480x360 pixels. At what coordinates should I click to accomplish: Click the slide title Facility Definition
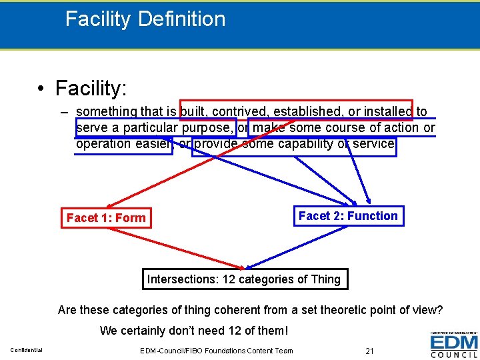click(x=145, y=19)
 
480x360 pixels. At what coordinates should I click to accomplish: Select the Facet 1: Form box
click(x=106, y=218)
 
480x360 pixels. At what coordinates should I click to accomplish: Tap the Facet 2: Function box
click(x=348, y=216)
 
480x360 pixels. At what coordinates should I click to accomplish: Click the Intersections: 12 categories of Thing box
click(x=244, y=279)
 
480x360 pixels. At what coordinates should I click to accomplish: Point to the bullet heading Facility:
click(x=91, y=87)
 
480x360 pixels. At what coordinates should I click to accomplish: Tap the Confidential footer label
click(x=27, y=351)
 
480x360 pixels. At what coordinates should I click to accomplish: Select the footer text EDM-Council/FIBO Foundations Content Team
click(x=217, y=351)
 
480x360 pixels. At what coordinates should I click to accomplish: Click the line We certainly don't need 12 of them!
click(x=194, y=330)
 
